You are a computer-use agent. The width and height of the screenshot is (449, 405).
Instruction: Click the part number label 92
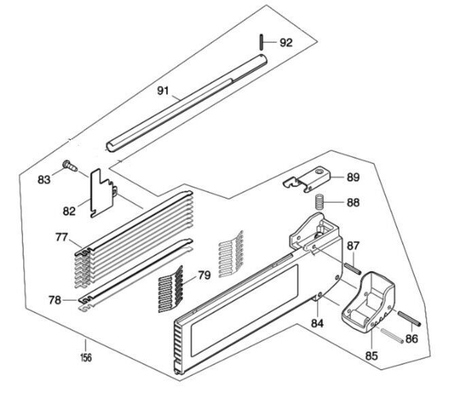pyautogui.click(x=286, y=42)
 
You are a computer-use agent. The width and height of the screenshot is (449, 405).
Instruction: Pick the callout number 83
pyautogui.click(x=44, y=180)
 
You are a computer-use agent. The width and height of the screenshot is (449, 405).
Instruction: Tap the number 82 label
pyautogui.click(x=69, y=211)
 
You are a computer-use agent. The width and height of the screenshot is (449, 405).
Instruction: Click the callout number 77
pyautogui.click(x=63, y=238)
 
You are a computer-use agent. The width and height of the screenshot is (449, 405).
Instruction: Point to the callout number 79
pyautogui.click(x=204, y=275)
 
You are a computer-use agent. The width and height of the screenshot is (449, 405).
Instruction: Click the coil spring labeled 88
pyautogui.click(x=318, y=202)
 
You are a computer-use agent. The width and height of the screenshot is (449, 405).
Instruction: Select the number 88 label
pyautogui.click(x=353, y=202)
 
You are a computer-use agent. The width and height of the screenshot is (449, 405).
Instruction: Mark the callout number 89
pyautogui.click(x=353, y=178)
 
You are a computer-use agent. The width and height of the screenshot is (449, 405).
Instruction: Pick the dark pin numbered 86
pyautogui.click(x=412, y=319)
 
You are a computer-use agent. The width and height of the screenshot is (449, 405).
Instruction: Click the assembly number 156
pyautogui.click(x=86, y=357)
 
